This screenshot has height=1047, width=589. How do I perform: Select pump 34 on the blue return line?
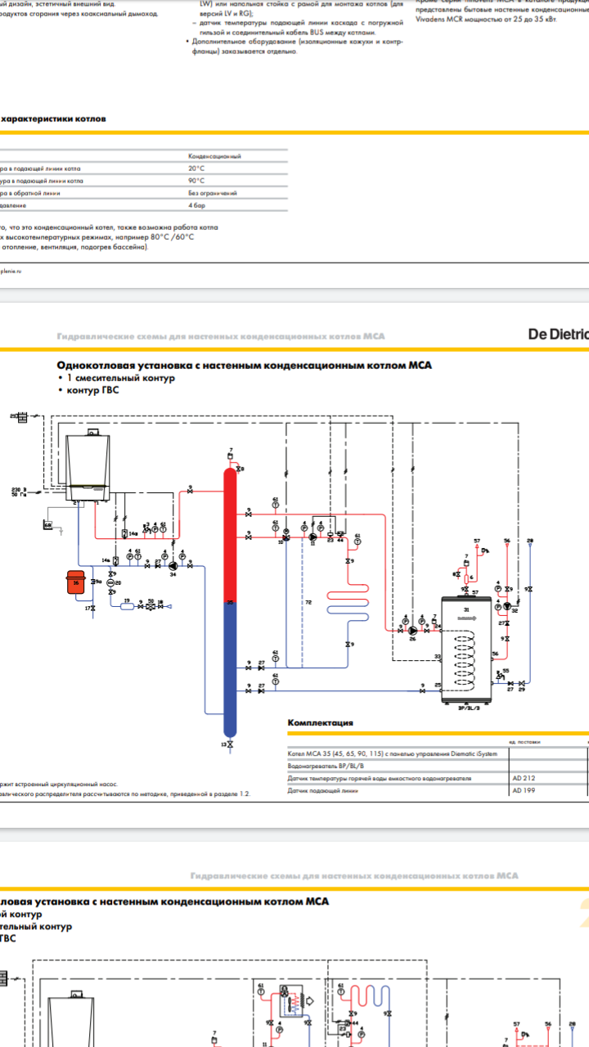173,564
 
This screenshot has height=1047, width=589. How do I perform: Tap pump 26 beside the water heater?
413,631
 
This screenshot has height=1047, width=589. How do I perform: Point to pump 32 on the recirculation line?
506,607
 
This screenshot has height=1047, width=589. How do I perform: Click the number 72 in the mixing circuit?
308,602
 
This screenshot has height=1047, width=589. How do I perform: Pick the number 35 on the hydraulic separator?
230,603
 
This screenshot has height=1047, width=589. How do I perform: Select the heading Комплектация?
321,723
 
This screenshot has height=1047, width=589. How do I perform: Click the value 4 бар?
196,206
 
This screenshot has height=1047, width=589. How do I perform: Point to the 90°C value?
196,180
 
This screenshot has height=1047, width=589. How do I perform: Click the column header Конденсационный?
214,155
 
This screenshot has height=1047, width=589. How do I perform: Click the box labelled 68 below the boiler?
47,524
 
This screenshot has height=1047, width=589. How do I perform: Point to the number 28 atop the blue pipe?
530,541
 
